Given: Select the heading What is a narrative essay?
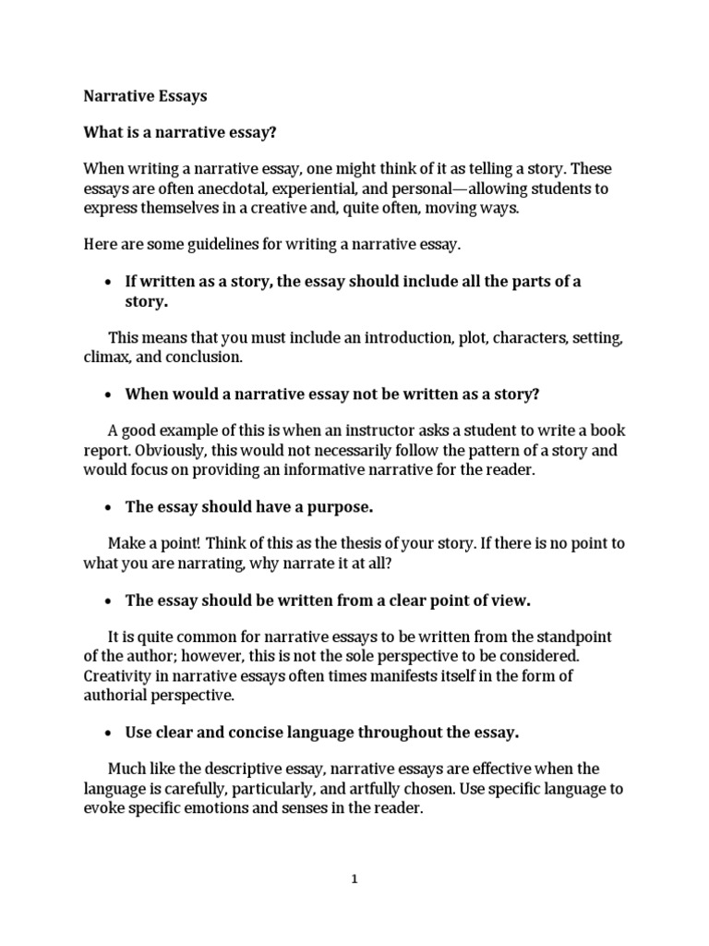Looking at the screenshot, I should [x=180, y=132].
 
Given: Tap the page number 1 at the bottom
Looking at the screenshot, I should [x=354, y=879].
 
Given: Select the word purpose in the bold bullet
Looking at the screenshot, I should [x=339, y=507].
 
